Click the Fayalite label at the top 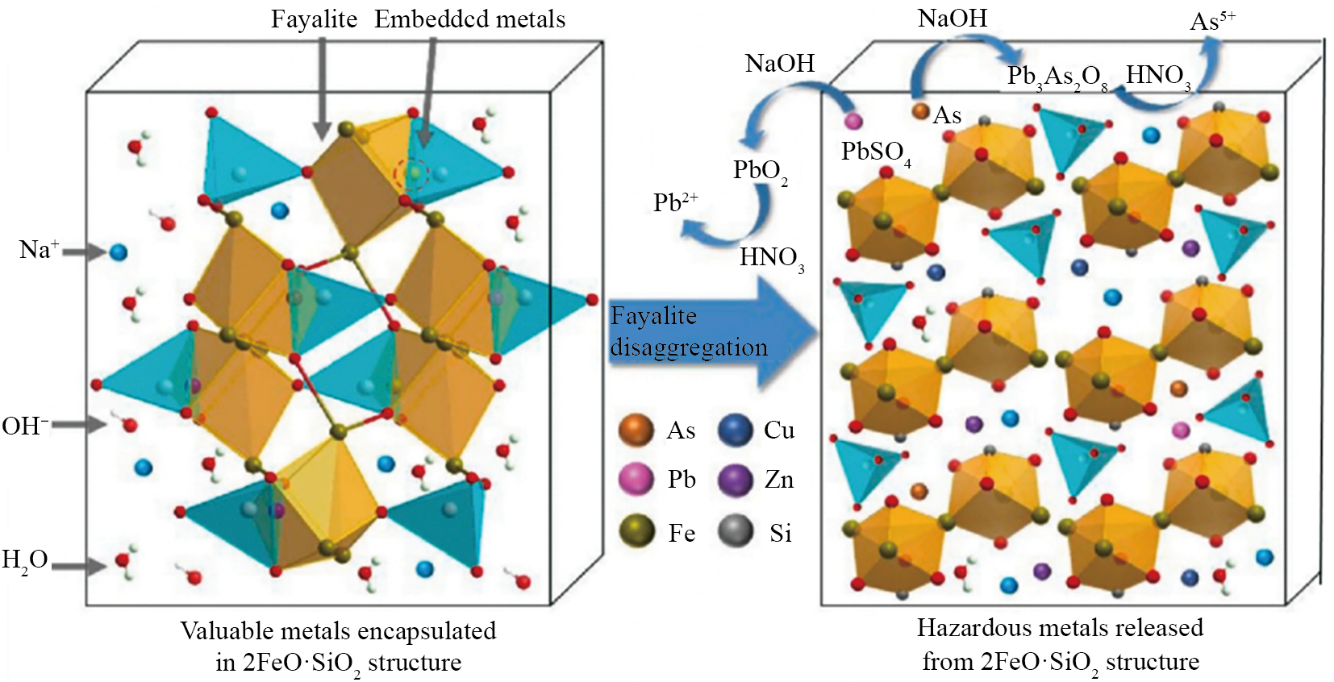(314, 19)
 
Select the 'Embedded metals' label (470, 19)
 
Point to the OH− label (25, 426)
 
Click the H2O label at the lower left (24, 561)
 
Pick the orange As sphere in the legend (636, 430)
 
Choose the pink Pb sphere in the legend (636, 479)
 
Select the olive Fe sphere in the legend (636, 531)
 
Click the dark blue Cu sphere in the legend (736, 430)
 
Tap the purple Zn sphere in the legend (736, 479)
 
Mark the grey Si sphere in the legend (736, 531)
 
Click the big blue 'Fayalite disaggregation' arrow (711, 332)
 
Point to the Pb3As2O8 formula (1057, 78)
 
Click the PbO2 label (760, 172)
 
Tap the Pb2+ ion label (675, 202)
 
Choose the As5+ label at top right (1212, 22)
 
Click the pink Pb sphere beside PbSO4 (853, 121)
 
